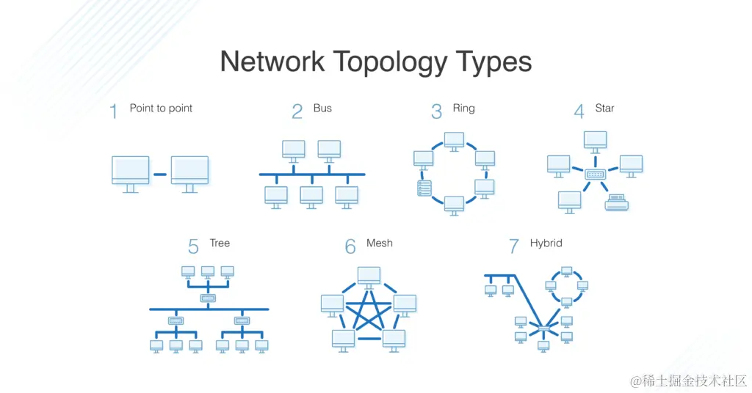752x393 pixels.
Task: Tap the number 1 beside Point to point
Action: pyautogui.click(x=113, y=111)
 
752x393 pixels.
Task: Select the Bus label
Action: pyautogui.click(x=322, y=109)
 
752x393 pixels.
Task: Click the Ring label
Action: pyautogui.click(x=463, y=109)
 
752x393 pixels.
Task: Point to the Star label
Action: pyautogui.click(x=604, y=109)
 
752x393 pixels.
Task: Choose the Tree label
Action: pyautogui.click(x=220, y=243)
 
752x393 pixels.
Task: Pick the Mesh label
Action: pyautogui.click(x=380, y=243)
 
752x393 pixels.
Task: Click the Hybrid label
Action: pyautogui.click(x=546, y=243)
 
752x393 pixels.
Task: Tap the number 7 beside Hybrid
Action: pyautogui.click(x=514, y=247)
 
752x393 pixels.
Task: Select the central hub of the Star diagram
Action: pyautogui.click(x=594, y=175)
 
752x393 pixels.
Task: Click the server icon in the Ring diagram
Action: pyautogui.click(x=424, y=188)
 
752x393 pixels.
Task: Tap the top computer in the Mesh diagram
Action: pyautogui.click(x=369, y=276)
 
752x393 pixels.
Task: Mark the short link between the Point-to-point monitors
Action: pyautogui.click(x=160, y=175)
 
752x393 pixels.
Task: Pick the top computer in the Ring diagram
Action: pyautogui.click(x=454, y=139)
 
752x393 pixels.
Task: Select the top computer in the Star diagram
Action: pyautogui.click(x=595, y=140)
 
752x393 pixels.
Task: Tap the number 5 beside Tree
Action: pyautogui.click(x=193, y=247)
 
